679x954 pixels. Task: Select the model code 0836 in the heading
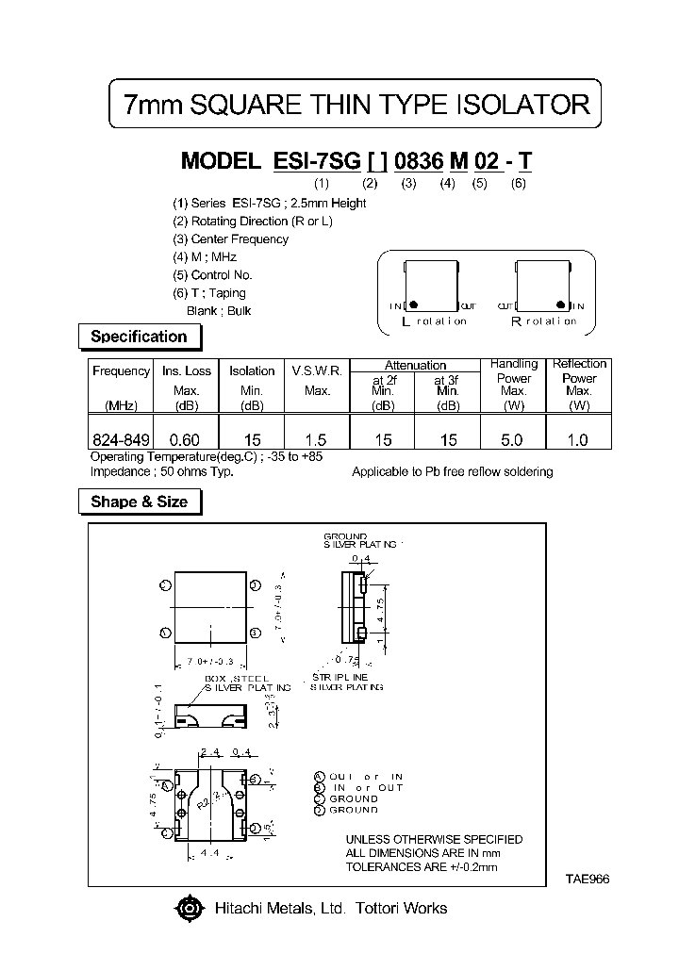[x=408, y=161]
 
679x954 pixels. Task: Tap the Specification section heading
[x=138, y=337]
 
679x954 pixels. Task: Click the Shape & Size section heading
[x=138, y=502]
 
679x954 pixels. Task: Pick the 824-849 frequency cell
[x=120, y=440]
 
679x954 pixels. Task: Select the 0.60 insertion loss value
[x=186, y=440]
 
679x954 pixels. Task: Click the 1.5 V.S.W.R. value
[x=317, y=440]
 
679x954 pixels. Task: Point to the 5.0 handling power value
[x=513, y=440]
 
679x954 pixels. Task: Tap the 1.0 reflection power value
[x=579, y=440]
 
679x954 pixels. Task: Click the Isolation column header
[x=252, y=370]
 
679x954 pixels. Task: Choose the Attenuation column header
[x=415, y=365]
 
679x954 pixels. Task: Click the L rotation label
[x=433, y=321]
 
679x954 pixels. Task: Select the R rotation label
[x=542, y=321]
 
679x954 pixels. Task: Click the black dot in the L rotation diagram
[x=414, y=304]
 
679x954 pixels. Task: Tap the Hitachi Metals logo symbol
[x=189, y=909]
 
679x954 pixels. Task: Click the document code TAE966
[x=588, y=878]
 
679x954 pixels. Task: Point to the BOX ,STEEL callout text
[x=237, y=678]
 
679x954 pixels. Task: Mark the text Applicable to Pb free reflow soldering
[x=452, y=471]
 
